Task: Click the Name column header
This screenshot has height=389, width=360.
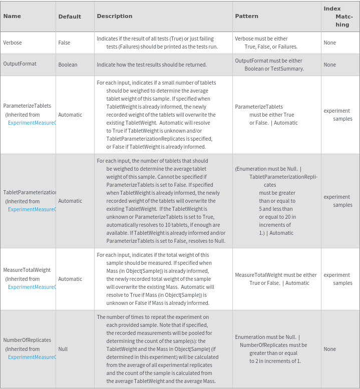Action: [12, 17]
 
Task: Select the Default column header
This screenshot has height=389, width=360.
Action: [70, 17]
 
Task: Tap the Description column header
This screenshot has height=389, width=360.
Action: [115, 16]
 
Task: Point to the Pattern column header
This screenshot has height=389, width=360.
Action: [246, 16]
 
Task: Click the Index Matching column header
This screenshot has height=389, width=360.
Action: [338, 17]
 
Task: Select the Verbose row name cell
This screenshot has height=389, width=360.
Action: [13, 43]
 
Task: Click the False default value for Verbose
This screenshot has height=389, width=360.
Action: [64, 43]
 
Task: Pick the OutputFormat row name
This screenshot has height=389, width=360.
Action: [20, 64]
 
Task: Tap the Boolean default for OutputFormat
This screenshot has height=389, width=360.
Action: [68, 65]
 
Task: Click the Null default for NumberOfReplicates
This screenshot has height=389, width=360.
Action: [63, 349]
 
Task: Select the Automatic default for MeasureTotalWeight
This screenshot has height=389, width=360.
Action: [70, 279]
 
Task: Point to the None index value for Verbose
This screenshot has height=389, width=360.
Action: [329, 43]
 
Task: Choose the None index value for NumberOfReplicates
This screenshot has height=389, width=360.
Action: [329, 349]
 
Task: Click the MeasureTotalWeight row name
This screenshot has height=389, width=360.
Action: [27, 270]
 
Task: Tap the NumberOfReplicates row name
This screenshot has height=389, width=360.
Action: [27, 340]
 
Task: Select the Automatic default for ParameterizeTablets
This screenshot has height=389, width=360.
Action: [70, 115]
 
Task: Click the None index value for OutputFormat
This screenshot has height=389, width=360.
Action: [329, 65]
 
